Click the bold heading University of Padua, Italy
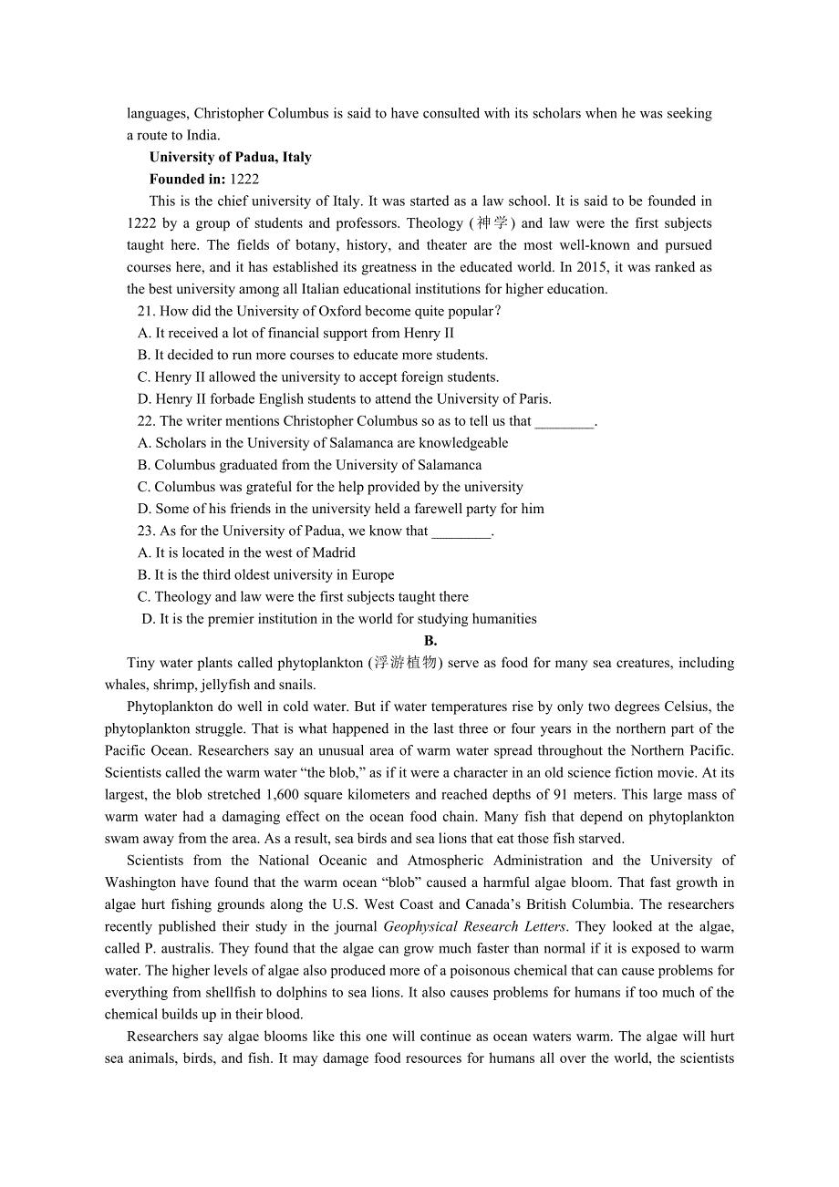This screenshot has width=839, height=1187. click(x=230, y=157)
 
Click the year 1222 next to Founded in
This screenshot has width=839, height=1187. click(x=244, y=179)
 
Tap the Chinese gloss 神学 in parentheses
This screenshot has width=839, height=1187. click(x=492, y=223)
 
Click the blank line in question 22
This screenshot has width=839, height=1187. click(x=564, y=421)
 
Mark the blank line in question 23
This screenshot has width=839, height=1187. click(x=461, y=531)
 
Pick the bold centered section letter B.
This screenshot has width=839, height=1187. click(x=430, y=641)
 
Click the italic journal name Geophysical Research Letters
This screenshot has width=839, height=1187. click(x=474, y=926)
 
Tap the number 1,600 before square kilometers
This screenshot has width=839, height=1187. click(x=282, y=795)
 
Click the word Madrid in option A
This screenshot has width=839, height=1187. click(x=334, y=552)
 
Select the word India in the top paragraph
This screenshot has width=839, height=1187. click(x=202, y=135)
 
